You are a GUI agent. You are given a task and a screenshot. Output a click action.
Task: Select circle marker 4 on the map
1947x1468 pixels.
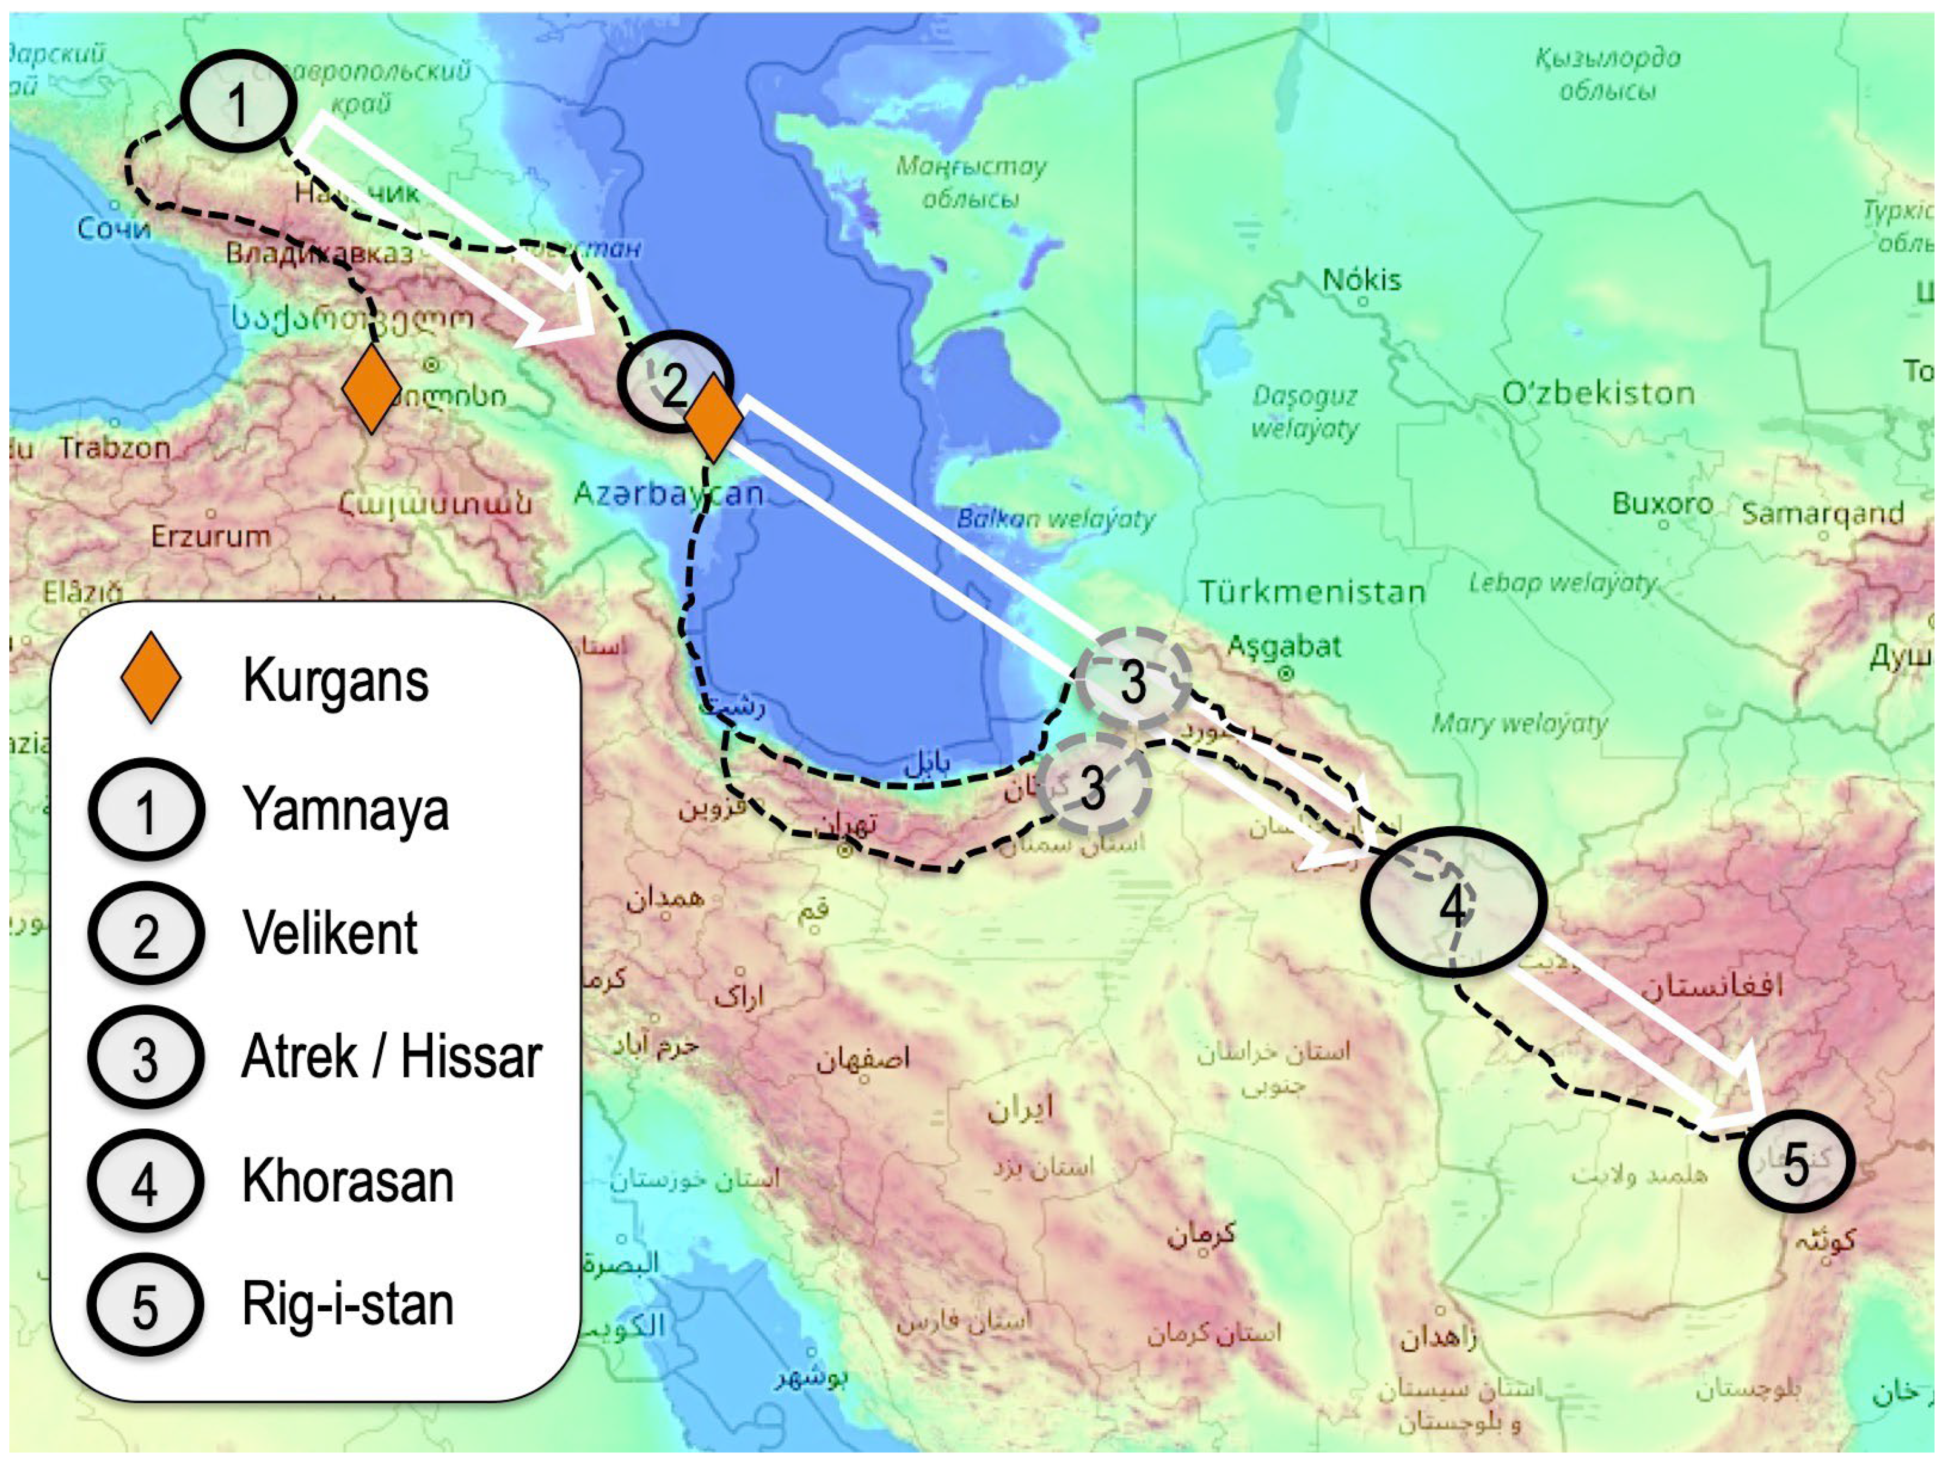point(1453,903)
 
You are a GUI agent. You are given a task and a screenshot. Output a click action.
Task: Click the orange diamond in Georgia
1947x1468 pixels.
point(371,389)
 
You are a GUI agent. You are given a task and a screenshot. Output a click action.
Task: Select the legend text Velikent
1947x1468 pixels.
point(330,933)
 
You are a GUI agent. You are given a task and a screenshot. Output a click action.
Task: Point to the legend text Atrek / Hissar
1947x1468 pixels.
point(392,1056)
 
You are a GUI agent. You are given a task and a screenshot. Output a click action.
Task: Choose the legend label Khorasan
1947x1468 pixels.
point(348,1181)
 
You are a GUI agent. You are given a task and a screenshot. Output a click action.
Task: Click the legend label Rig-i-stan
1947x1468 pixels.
point(348,1304)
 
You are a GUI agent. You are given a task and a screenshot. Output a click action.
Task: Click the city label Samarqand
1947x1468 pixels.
point(1823,512)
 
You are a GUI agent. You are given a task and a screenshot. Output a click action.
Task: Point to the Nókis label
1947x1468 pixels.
point(1361,280)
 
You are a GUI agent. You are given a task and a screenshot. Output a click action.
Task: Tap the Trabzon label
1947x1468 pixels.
point(114,448)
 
